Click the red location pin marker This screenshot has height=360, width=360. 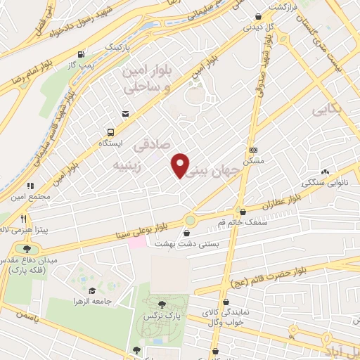point(181,165)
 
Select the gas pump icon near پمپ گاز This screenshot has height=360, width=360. point(83,54)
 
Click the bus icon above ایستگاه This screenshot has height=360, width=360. point(110,131)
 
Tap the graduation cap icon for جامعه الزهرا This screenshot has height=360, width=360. point(91,290)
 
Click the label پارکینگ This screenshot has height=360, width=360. point(118,46)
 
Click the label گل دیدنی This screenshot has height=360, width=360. point(254,28)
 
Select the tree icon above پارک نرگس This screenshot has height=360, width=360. point(162,304)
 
